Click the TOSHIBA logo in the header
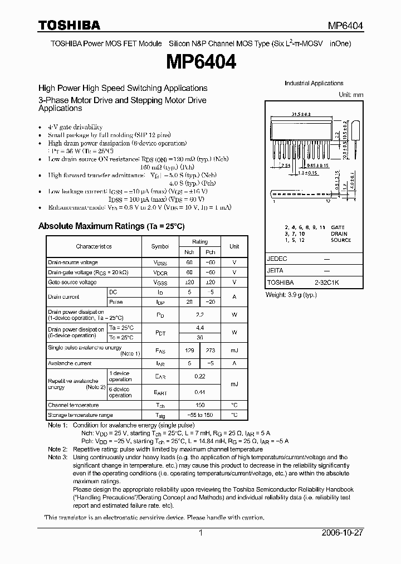[x=69, y=25]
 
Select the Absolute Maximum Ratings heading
[x=111, y=226]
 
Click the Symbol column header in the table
[x=160, y=246]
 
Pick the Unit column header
[x=234, y=246]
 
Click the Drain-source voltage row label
[x=73, y=262]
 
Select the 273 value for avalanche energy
[x=211, y=350]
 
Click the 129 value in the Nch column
[x=189, y=350]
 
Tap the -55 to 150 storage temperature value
[x=199, y=415]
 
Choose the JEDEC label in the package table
[x=277, y=259]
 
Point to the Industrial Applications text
[x=314, y=84]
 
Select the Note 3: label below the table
[x=58, y=457]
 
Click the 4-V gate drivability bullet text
[x=75, y=127]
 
